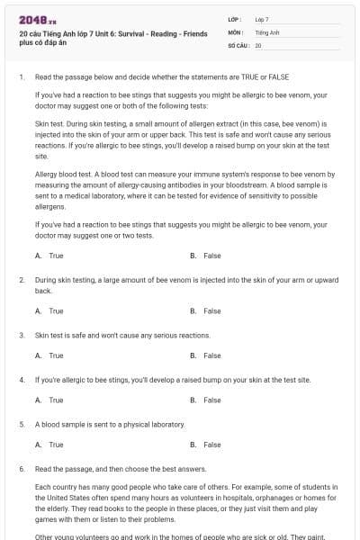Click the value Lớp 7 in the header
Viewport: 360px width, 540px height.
(x=262, y=19)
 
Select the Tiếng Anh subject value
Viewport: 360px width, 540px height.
(x=267, y=31)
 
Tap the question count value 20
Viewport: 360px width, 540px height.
(x=258, y=44)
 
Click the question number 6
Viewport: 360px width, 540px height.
(x=21, y=469)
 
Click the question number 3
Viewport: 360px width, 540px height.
(x=21, y=335)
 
